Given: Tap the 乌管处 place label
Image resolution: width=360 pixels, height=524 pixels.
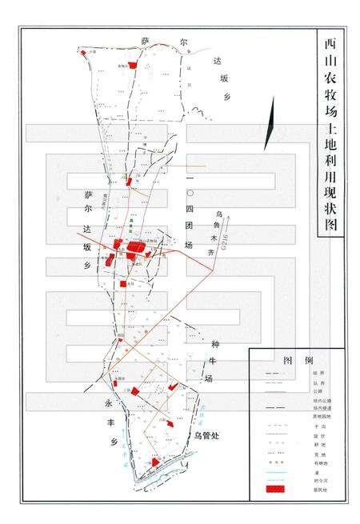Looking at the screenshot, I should click(x=206, y=435).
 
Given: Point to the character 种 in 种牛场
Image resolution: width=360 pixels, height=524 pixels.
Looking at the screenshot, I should click(x=212, y=346).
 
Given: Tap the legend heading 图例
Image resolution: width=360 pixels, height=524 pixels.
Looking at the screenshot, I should click(x=297, y=359).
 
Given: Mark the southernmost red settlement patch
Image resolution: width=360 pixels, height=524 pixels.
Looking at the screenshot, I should click(x=150, y=463).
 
